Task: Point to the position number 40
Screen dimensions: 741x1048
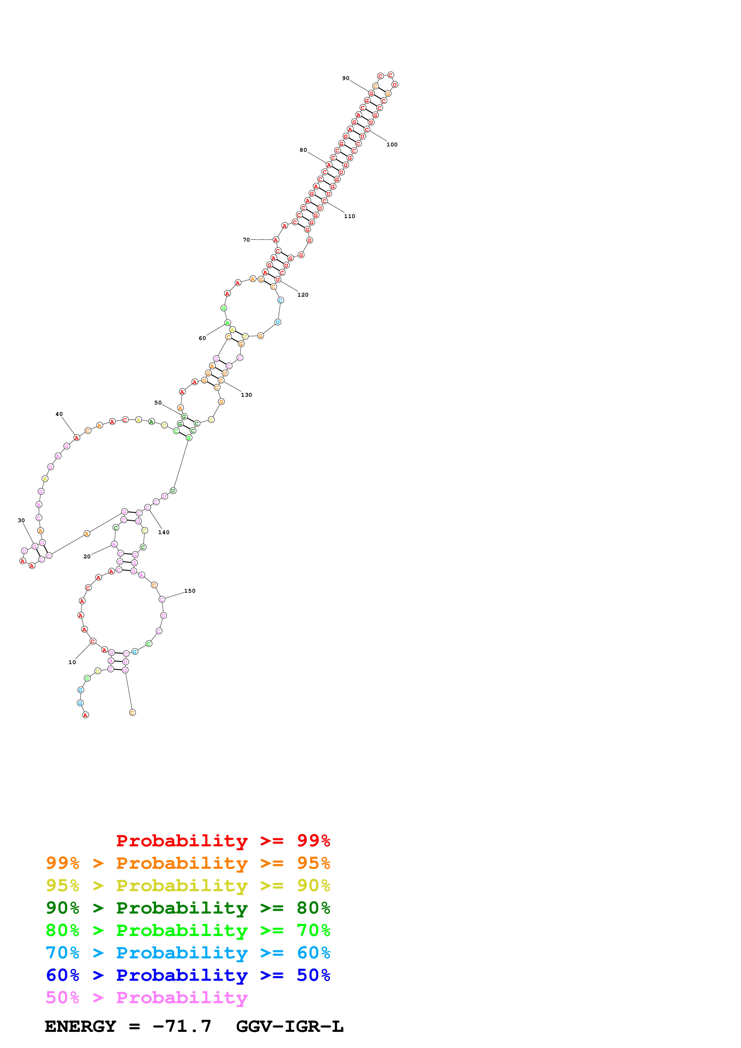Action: (x=59, y=414)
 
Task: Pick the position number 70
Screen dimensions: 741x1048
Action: (x=246, y=240)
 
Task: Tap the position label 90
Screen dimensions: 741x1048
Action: (x=346, y=79)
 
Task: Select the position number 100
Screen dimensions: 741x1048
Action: (x=392, y=145)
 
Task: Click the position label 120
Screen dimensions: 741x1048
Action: (x=303, y=295)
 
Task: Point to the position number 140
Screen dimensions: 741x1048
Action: (x=164, y=532)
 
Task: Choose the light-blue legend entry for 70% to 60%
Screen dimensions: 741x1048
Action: (x=188, y=953)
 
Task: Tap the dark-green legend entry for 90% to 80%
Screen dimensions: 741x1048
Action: (x=188, y=908)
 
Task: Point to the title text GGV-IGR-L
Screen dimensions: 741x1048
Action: (x=289, y=1026)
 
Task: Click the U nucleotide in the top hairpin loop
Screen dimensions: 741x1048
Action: (x=395, y=85)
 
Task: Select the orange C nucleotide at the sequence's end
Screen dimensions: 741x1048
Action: (x=132, y=713)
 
